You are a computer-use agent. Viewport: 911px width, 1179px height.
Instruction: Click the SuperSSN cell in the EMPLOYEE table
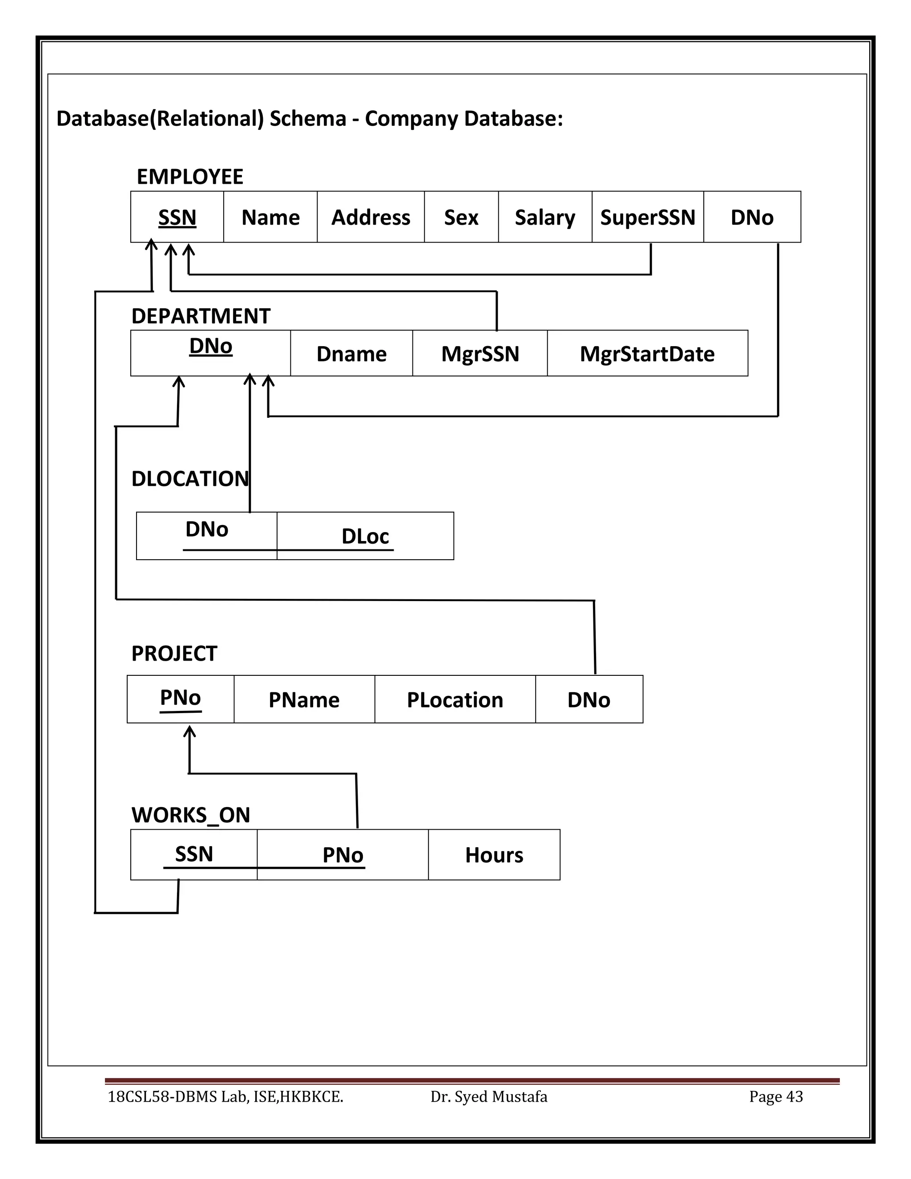647,217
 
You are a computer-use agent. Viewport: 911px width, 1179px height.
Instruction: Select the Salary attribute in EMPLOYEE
544,217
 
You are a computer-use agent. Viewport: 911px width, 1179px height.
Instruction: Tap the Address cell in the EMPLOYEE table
370,217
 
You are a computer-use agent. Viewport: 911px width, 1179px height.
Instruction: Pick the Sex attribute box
461,217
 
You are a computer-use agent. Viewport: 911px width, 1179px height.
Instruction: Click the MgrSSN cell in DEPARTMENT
480,354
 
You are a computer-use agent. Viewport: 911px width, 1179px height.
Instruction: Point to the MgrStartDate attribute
647,354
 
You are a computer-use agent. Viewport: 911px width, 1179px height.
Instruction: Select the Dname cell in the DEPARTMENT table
351,354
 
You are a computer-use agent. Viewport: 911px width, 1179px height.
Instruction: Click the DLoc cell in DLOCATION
365,536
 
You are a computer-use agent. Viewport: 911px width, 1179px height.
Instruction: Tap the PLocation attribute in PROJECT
455,700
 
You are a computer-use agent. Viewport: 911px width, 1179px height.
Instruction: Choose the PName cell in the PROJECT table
304,700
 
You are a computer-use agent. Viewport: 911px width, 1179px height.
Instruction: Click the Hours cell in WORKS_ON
494,855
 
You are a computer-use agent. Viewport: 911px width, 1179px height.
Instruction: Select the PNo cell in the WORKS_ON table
343,855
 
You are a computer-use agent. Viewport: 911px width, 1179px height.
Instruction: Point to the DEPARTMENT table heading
201,316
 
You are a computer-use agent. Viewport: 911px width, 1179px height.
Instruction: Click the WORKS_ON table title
190,815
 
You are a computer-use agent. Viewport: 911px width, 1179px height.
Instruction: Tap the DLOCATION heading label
190,479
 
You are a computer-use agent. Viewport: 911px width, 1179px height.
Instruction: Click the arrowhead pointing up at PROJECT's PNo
189,731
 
